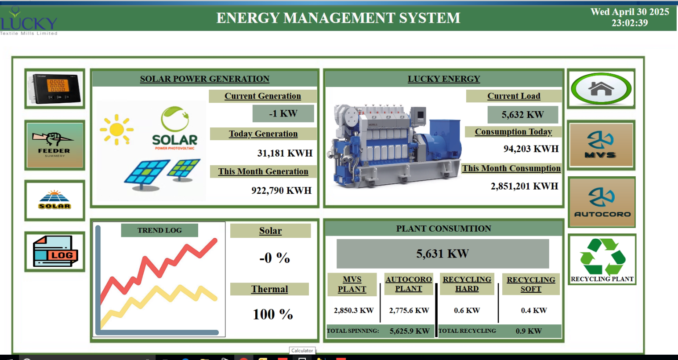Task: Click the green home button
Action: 601,89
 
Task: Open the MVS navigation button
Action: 601,145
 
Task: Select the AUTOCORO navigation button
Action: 602,202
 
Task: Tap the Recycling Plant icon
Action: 602,259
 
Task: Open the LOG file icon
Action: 55,251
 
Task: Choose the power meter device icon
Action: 55,89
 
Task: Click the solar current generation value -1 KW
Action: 283,113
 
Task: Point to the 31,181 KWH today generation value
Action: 285,153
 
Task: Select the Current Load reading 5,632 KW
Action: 523,115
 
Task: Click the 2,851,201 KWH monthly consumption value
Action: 524,186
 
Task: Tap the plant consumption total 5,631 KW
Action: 442,254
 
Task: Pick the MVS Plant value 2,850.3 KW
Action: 354,310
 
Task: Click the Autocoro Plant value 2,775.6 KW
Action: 409,310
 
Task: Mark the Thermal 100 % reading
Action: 273,314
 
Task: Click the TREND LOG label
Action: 160,230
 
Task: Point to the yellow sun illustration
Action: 117,130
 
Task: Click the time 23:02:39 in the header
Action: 630,23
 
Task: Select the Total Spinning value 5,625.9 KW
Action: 410,331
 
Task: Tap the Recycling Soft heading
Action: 531,284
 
